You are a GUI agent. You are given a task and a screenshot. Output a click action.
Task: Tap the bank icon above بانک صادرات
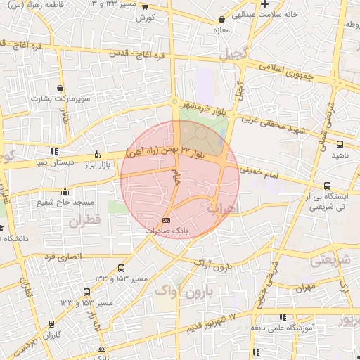point(165,220)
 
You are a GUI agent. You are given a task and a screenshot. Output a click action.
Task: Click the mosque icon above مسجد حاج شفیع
point(65,191)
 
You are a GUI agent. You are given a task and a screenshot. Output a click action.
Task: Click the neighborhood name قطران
point(85,221)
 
